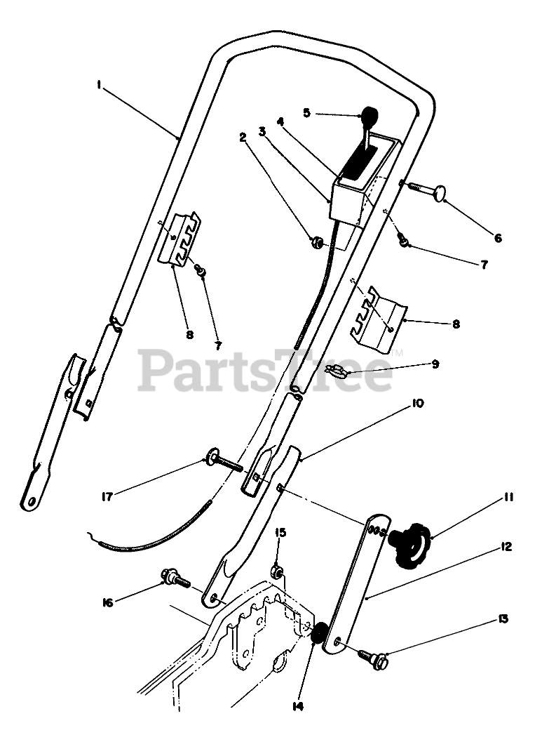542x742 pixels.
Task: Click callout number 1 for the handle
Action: (100, 84)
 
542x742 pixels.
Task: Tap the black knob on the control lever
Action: (368, 114)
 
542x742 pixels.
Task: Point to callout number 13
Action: (503, 620)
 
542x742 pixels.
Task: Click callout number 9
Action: (435, 364)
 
